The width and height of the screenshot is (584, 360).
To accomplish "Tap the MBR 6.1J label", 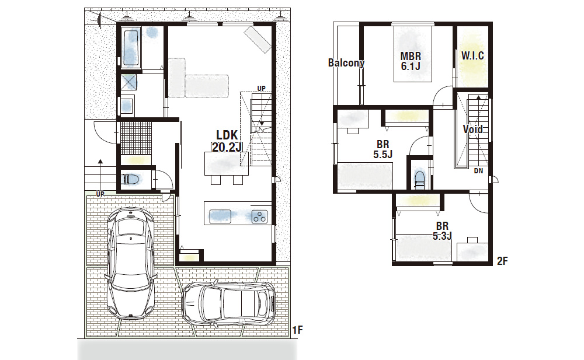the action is click(411, 61).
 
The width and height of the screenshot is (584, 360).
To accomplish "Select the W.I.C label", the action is click(472, 56).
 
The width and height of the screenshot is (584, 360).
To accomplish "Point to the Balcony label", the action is click(346, 62).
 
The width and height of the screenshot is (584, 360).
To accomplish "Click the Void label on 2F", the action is click(472, 129).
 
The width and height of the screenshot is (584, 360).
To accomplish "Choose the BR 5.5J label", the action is click(383, 149).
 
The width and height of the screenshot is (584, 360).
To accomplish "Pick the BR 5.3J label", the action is click(442, 231).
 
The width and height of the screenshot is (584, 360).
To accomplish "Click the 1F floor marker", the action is click(297, 330).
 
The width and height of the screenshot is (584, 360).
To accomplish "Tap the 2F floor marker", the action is click(502, 261).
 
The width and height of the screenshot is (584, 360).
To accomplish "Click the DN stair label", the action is click(478, 171).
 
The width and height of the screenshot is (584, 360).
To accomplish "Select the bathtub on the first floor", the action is click(130, 48).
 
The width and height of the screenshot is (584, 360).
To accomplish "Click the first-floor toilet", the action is click(130, 180).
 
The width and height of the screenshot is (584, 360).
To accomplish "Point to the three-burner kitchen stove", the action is click(259, 216).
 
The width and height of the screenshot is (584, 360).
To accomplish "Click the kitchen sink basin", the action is click(220, 216).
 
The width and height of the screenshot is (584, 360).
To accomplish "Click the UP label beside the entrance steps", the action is click(100, 194).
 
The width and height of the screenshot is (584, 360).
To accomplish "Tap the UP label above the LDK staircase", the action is click(262, 88).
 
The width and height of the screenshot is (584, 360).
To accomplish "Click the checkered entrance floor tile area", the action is click(136, 138).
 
